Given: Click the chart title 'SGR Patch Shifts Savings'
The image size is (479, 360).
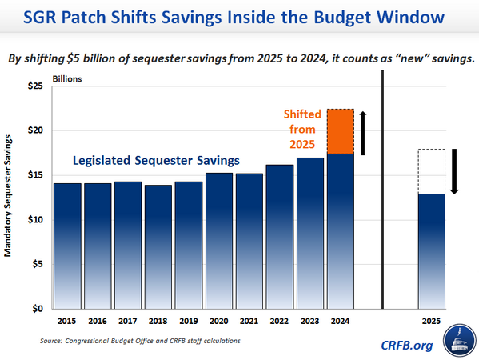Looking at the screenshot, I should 239,17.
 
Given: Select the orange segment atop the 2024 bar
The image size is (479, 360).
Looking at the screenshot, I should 341,131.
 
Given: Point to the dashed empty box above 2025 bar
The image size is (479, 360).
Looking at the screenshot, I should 432,171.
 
